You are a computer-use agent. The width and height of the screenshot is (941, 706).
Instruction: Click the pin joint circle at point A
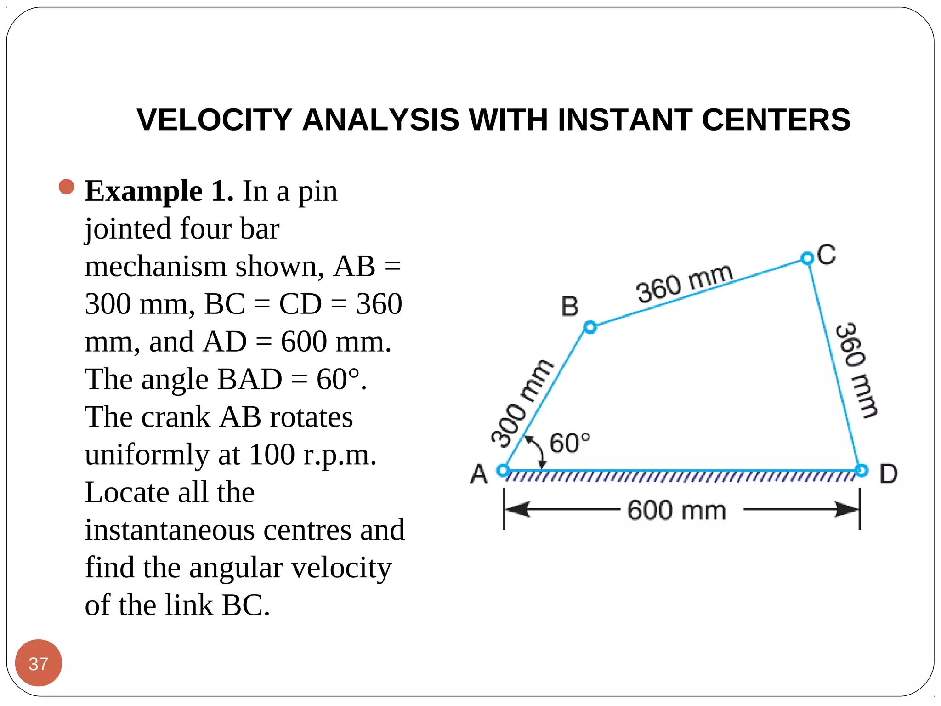[x=503, y=470]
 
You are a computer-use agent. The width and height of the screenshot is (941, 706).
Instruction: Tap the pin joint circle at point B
[x=590, y=327]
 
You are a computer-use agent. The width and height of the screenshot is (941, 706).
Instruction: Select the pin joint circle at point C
[x=807, y=258]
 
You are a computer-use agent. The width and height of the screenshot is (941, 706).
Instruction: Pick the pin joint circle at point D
[x=862, y=470]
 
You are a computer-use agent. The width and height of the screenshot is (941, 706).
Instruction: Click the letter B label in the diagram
[x=570, y=307]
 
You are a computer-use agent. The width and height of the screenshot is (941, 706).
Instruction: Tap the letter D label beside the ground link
[x=888, y=474]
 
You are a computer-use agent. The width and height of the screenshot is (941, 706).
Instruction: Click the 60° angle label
[x=569, y=443]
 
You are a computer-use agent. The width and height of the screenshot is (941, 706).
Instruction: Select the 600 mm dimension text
[x=676, y=511]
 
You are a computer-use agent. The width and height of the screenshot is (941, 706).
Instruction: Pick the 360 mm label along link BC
[x=684, y=283]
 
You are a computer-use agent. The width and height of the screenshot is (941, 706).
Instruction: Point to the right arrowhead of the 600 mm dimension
[x=846, y=509]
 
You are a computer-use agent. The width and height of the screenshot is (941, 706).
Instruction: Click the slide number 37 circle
[x=39, y=663]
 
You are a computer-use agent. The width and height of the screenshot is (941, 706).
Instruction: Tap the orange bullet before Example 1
[x=67, y=187]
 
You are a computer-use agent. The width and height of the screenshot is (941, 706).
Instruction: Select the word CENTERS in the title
[x=776, y=120]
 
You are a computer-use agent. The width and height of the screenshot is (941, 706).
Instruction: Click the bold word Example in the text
[x=143, y=192]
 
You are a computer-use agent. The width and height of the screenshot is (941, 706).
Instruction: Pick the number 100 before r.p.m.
[x=272, y=455]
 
